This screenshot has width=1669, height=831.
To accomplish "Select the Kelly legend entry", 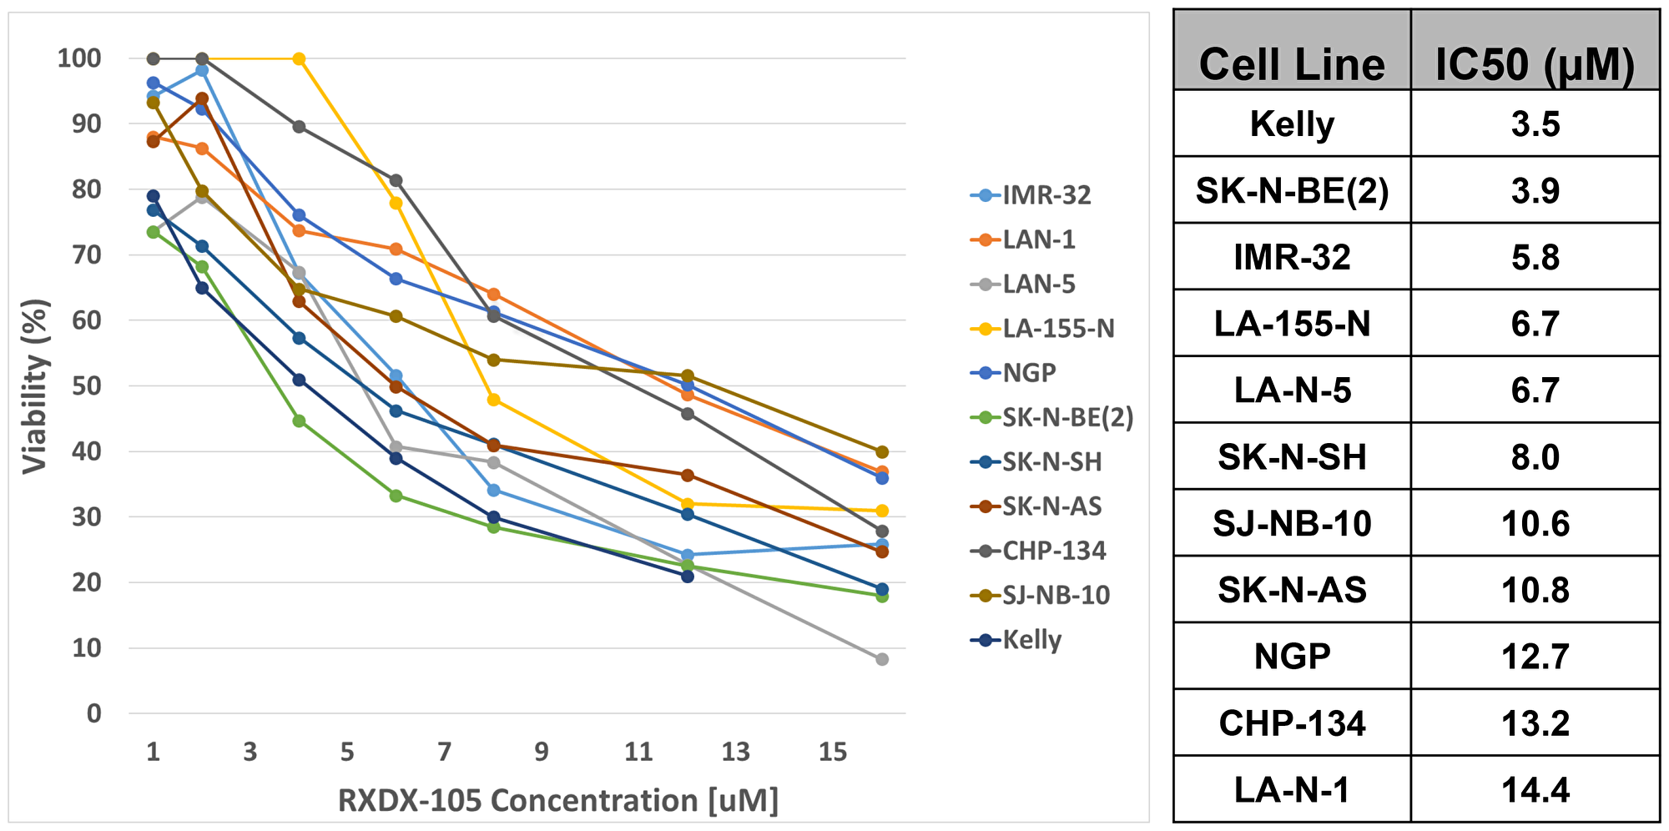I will [1031, 640].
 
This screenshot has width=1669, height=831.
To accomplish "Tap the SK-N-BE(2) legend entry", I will [1067, 417].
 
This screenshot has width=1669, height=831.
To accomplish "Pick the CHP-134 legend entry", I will [1054, 551].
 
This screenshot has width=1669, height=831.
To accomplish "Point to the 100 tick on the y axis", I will [79, 58].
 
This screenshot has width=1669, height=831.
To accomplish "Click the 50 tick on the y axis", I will [86, 386].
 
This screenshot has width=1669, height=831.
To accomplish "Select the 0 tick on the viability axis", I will [93, 713].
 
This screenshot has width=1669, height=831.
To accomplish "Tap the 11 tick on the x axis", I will [638, 753].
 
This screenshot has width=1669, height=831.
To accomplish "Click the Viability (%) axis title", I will [35, 386].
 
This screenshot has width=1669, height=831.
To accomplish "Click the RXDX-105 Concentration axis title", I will [557, 800].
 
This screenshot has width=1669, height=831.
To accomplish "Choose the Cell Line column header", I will [1291, 64].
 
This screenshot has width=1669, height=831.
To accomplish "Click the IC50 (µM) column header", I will [1534, 64].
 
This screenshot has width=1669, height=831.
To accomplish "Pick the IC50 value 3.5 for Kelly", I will [1535, 124].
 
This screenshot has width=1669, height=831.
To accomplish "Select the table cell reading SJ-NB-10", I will [1291, 524].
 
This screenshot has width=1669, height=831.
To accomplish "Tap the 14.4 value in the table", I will [1535, 789].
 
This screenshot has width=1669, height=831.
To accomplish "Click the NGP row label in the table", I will [1291, 657].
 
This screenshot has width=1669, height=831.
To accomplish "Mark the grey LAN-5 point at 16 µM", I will [882, 659].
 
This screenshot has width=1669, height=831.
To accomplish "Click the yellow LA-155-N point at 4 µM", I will [299, 59].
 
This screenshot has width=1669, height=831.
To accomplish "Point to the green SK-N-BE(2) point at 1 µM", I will [153, 232].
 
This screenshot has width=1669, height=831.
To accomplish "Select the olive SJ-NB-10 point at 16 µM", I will [882, 452].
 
